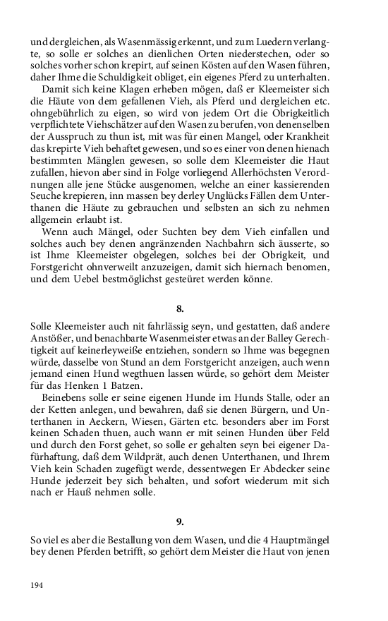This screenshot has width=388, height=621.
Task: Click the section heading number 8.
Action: pyautogui.click(x=180, y=308)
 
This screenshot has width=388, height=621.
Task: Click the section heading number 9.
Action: pyautogui.click(x=180, y=521)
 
